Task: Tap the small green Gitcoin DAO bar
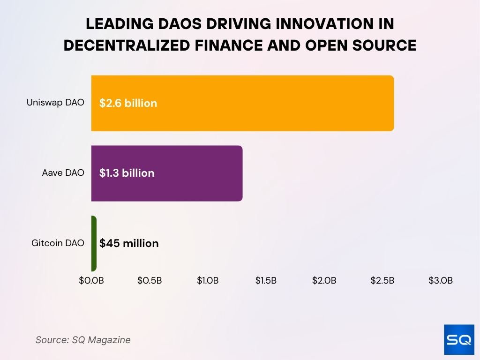point(94,243)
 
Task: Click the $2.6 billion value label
point(128,103)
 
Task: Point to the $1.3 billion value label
point(127,173)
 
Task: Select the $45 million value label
point(129,243)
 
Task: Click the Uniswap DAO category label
point(55,103)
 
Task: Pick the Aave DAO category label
point(63,173)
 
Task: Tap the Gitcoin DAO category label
point(58,243)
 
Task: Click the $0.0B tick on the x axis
point(91,281)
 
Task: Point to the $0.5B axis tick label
point(150,281)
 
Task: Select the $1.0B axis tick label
point(208,281)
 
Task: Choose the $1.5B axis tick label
point(266,281)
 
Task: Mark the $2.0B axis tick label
point(324,281)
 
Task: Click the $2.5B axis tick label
point(382,281)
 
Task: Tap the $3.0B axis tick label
point(441,281)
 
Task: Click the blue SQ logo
point(458,339)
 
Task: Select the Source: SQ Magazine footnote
point(83,340)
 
